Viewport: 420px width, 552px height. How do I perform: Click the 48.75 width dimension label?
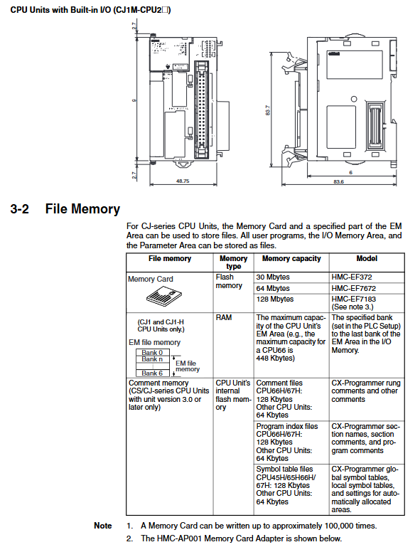click(183, 181)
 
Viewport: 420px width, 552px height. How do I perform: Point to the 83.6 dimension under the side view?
click(338, 181)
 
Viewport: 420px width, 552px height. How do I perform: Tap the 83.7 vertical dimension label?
click(268, 110)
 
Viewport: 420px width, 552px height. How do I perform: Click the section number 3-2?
click(20, 208)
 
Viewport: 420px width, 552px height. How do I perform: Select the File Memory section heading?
click(82, 208)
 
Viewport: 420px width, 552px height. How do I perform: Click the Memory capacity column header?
click(291, 258)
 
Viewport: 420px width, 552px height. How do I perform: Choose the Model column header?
click(367, 258)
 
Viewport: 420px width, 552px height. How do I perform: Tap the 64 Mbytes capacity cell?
click(273, 288)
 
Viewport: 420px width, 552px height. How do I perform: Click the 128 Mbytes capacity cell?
click(275, 299)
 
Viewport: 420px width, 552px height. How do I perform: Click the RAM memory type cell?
click(224, 317)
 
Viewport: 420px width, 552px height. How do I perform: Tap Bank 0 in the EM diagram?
click(152, 352)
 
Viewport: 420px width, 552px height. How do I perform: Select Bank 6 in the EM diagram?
click(152, 373)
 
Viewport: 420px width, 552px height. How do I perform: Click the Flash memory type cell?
click(229, 281)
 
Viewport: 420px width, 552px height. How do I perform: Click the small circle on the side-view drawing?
click(354, 99)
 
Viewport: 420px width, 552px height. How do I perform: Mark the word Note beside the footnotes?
click(103, 526)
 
